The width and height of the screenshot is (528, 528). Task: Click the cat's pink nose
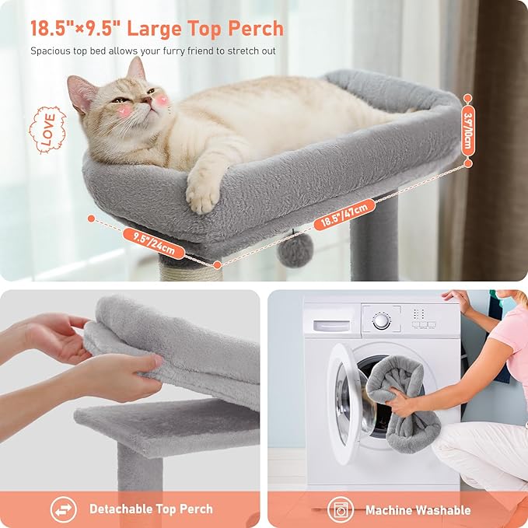pyautogui.click(x=146, y=100)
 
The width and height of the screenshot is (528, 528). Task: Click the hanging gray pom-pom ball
pyautogui.click(x=295, y=249)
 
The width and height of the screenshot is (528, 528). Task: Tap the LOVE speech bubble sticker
pyautogui.click(x=47, y=129)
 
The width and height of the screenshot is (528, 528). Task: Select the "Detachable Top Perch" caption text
pyautogui.click(x=151, y=509)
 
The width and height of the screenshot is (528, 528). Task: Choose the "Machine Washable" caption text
pyautogui.click(x=418, y=510)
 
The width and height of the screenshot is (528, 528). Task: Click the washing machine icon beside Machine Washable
pyautogui.click(x=340, y=510)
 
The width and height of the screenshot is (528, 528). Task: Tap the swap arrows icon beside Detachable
pyautogui.click(x=64, y=510)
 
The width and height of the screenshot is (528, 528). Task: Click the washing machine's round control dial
pyautogui.click(x=381, y=320)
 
